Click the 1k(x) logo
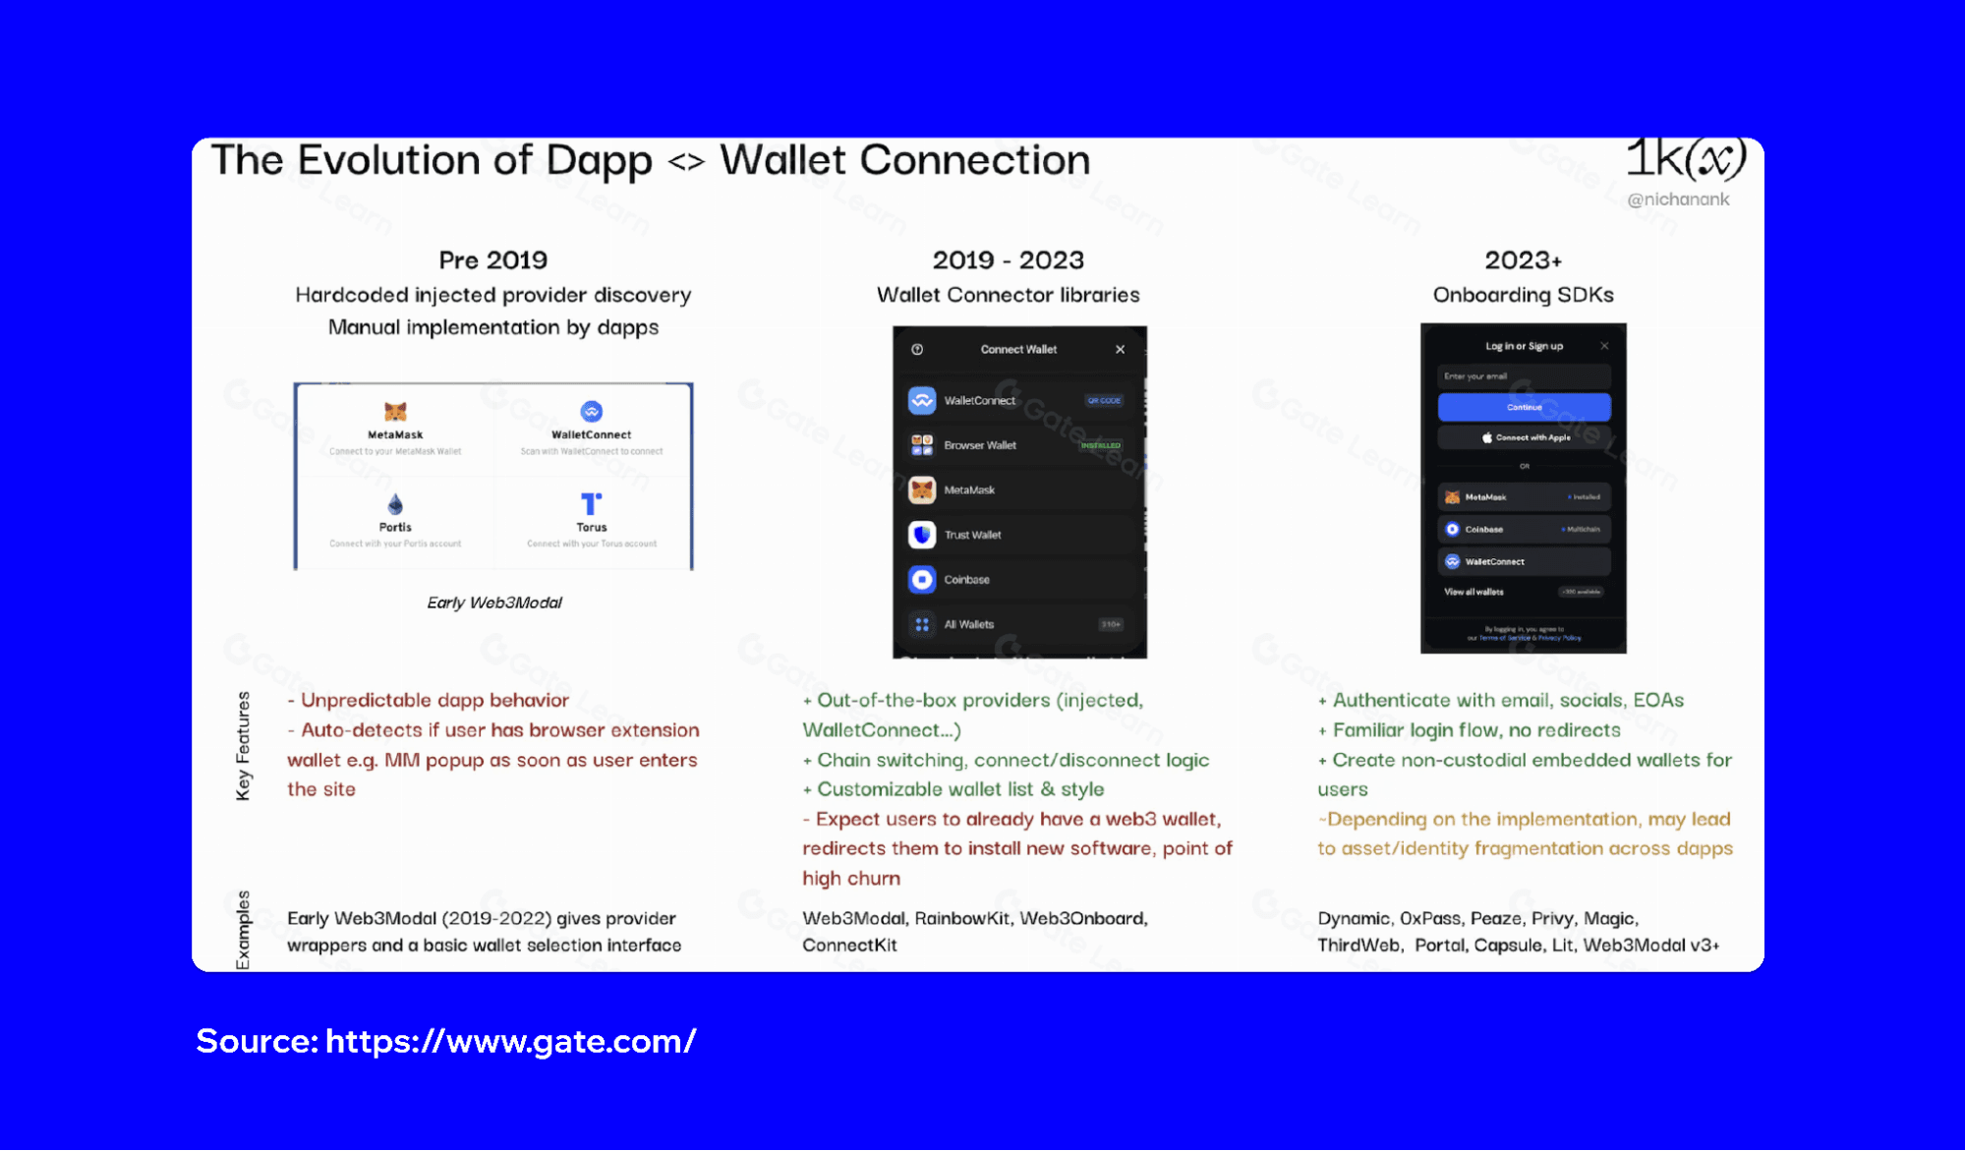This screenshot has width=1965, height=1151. (1685, 159)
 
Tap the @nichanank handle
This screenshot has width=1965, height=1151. (1678, 200)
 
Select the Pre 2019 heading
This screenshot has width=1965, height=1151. (492, 260)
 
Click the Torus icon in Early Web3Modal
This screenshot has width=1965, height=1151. (591, 504)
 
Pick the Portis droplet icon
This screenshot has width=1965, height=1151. (395, 504)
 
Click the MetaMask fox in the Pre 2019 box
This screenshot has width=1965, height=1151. (395, 411)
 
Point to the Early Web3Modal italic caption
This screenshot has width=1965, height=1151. (494, 603)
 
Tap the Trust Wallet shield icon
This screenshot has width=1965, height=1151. (922, 535)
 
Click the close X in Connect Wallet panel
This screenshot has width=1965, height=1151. (1120, 350)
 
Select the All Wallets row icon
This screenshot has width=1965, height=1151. (922, 624)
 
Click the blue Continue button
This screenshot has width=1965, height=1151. (1524, 407)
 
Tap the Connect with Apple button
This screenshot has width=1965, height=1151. (1524, 437)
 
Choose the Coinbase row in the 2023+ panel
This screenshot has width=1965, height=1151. (1524, 529)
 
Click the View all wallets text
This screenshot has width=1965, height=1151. (1474, 592)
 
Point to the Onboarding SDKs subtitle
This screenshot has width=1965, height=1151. (1523, 295)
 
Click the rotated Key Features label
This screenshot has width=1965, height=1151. (243, 745)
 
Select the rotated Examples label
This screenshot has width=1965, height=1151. (243, 929)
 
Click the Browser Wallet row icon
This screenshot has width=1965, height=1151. (922, 445)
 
